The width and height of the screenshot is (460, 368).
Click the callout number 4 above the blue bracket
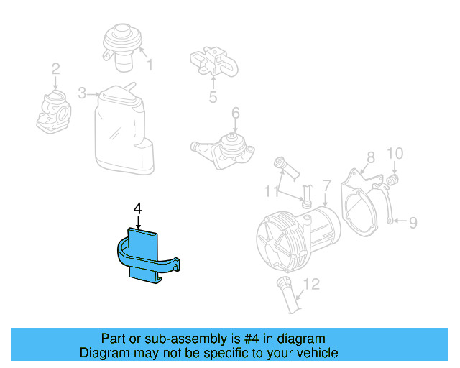point(138,208)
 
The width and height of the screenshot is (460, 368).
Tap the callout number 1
point(150,66)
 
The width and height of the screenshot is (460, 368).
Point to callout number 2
point(55,70)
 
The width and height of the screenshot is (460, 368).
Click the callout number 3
point(82,93)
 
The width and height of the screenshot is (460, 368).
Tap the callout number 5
point(213,98)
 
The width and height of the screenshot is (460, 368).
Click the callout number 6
point(235,113)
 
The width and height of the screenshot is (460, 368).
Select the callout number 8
point(370,157)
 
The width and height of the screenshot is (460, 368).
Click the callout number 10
point(395,154)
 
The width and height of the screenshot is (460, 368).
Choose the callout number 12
point(310,285)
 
